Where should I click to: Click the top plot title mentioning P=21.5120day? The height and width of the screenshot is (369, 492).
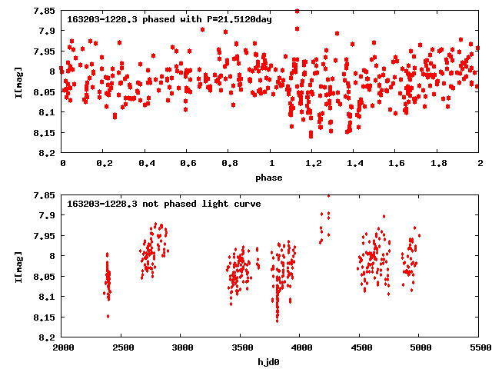169,18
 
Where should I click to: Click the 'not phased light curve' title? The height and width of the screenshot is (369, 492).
164,204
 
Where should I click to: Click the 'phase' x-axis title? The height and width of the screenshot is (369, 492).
269,178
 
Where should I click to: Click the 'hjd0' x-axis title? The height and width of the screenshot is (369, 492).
269,362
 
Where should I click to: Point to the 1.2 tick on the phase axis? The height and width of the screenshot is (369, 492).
313,164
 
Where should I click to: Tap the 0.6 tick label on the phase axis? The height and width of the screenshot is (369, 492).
188,164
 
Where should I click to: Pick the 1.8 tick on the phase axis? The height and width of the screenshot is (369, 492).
438,164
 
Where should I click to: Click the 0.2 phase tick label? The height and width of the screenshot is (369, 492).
105,164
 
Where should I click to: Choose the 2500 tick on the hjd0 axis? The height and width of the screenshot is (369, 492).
121,348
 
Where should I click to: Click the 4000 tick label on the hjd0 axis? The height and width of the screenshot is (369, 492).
300,348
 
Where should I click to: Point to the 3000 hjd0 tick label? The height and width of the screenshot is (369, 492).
181,348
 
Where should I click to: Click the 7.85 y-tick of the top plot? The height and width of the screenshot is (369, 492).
45,11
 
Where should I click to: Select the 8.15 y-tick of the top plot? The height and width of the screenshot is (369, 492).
45,133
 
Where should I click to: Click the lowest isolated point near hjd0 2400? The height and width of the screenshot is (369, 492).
108,316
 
